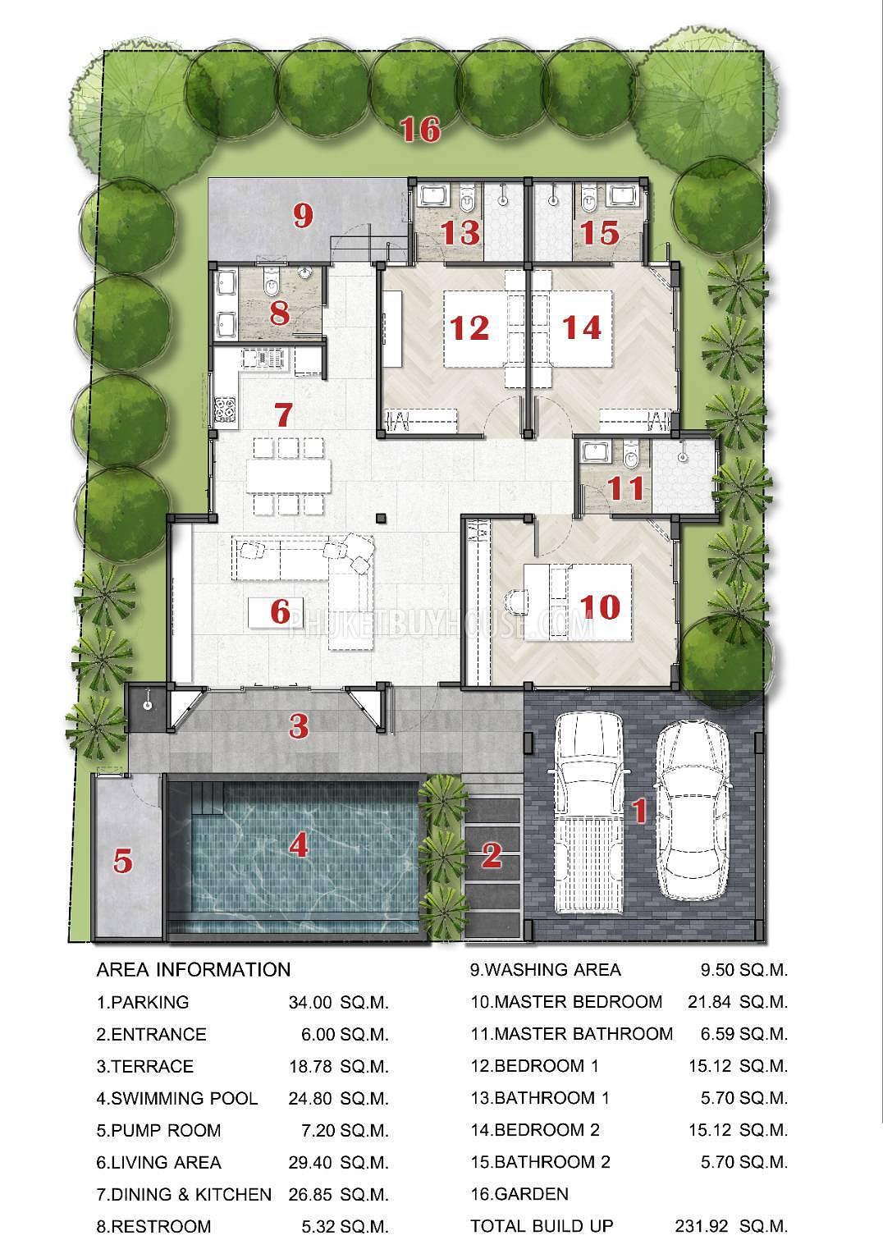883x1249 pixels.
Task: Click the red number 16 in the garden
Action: (420, 130)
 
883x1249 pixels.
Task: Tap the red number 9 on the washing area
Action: (303, 216)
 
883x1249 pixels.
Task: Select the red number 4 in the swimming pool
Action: (298, 844)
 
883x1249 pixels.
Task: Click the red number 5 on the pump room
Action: (122, 862)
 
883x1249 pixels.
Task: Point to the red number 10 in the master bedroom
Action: (599, 606)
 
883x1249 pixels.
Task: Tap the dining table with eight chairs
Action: (290, 475)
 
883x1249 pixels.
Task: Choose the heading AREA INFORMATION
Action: (194, 969)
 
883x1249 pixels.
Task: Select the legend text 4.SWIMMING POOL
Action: (177, 1098)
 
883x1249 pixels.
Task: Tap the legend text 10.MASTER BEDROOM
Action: (565, 1002)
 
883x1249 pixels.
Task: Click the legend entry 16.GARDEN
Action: (519, 1194)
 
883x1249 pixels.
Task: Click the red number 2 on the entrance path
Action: (491, 856)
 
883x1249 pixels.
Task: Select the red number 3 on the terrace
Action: (299, 725)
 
